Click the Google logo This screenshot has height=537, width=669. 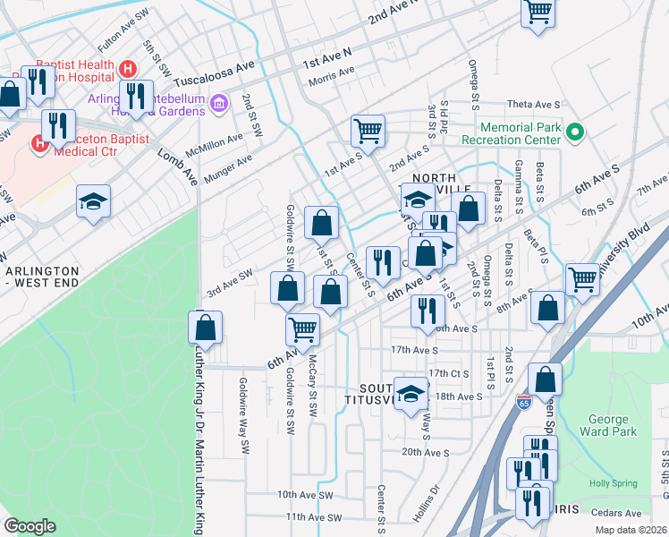tap(30, 526)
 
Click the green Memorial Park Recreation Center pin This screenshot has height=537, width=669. tap(575, 134)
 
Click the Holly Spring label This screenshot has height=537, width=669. tap(613, 483)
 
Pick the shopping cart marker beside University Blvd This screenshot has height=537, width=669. tap(582, 279)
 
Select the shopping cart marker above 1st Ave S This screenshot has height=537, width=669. tap(368, 132)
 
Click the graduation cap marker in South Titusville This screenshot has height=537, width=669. tap(410, 393)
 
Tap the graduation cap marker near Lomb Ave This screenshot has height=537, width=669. tap(93, 201)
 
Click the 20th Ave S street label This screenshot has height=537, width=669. tap(424, 453)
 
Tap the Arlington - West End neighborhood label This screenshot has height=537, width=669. tap(42, 277)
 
